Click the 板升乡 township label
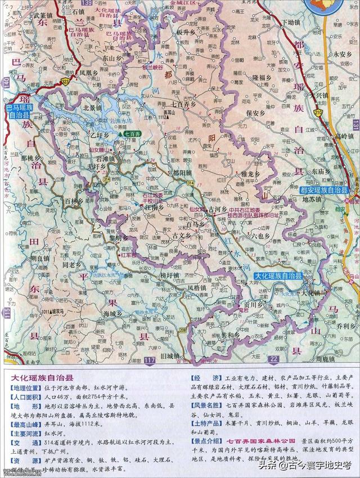click(186, 33)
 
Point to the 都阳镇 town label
click(183, 173)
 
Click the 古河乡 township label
click(217, 208)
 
